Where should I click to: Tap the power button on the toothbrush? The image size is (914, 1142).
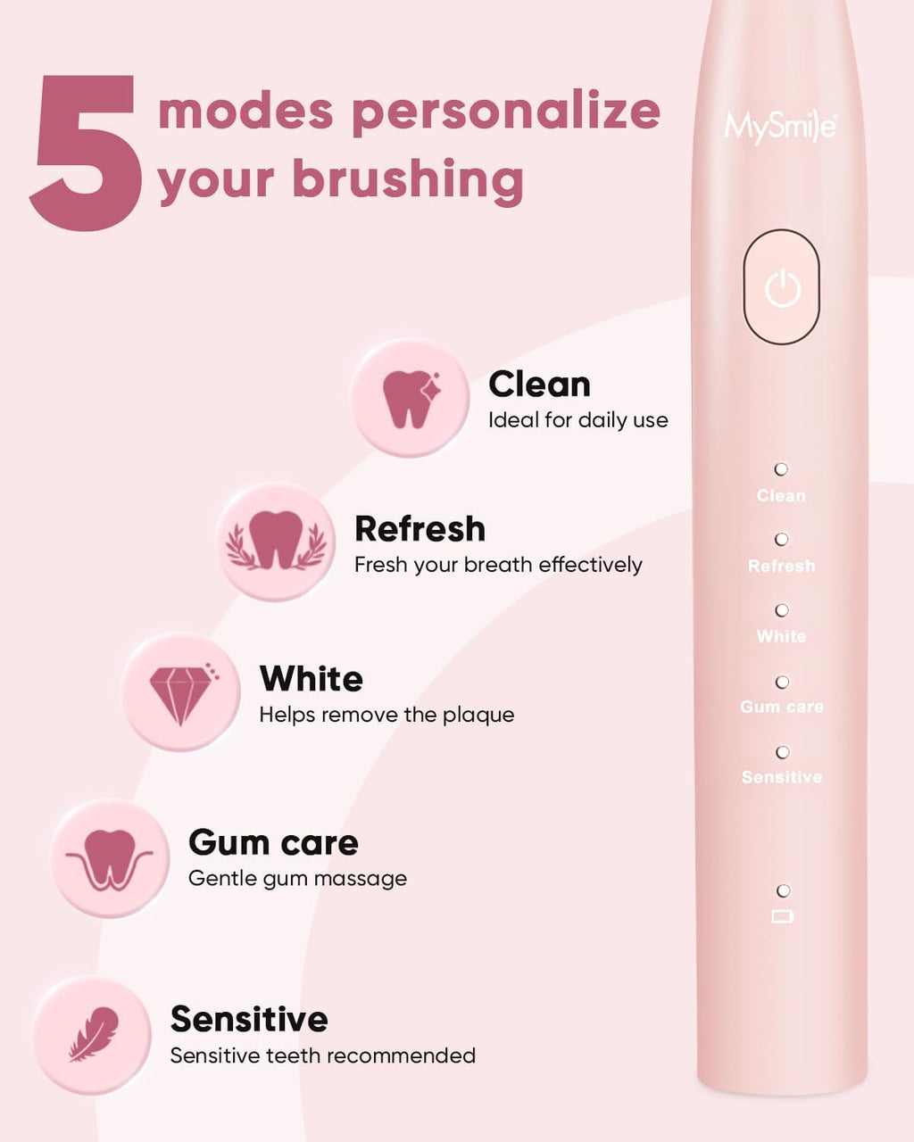(782, 287)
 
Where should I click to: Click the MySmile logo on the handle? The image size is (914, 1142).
(780, 128)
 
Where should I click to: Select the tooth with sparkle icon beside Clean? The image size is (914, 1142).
(410, 398)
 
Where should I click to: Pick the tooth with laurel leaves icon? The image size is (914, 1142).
(277, 542)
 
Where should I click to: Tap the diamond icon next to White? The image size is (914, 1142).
(181, 692)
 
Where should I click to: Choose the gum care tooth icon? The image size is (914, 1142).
(110, 859)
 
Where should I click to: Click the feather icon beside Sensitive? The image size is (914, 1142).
(93, 1035)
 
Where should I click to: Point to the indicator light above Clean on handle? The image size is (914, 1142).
(781, 469)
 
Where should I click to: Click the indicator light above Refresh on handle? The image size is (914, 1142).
(781, 540)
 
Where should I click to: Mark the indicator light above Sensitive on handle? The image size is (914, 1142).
(782, 752)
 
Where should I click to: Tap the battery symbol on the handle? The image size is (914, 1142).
(782, 916)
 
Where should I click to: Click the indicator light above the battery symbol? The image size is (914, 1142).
(783, 890)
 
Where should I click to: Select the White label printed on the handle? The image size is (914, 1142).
(781, 636)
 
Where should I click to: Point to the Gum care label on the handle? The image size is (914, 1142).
(782, 707)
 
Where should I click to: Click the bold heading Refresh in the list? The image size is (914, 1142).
(420, 529)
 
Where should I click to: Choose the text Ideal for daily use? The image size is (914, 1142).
(577, 420)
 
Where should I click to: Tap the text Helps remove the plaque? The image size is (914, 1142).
(386, 715)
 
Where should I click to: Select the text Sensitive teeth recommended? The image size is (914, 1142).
(322, 1055)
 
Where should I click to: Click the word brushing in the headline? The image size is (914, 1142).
(408, 179)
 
